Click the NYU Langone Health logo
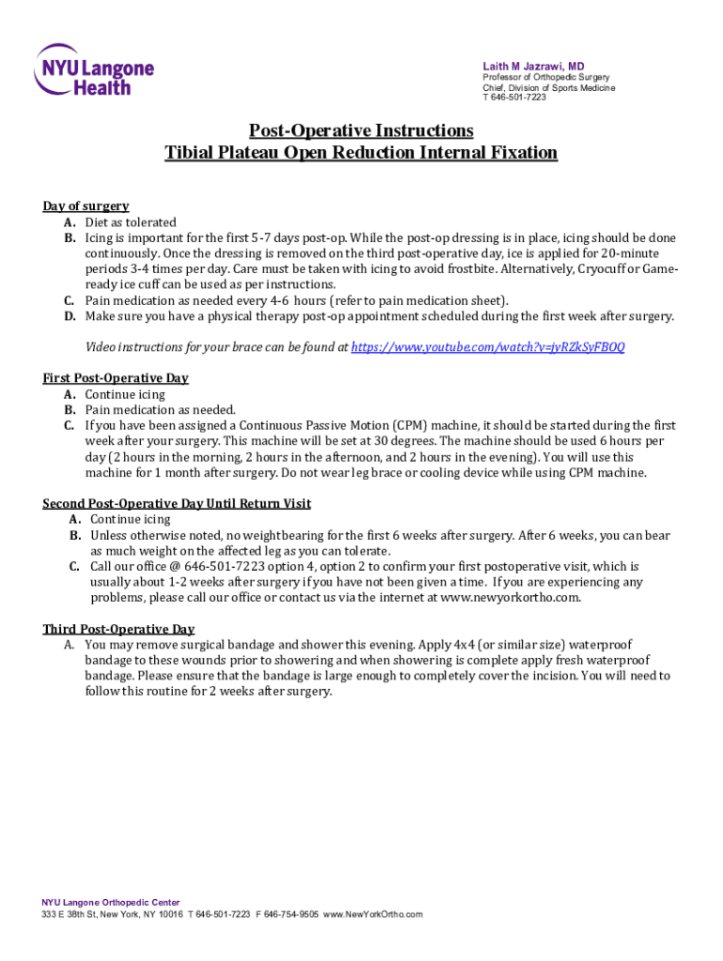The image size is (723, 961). tap(94, 69)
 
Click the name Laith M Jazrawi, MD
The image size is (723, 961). tap(533, 65)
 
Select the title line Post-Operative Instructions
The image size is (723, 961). tap(361, 130)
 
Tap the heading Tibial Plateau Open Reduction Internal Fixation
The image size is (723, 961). tap(361, 152)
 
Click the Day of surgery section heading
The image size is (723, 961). tap(85, 206)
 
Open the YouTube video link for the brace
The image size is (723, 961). tap(487, 347)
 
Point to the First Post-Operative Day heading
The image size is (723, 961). tap(115, 378)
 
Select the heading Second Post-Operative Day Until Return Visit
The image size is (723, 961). tap(177, 504)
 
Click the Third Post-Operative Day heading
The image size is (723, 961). tap(118, 629)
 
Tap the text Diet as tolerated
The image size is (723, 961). tap(131, 222)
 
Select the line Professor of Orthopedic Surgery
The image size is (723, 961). tap(546, 77)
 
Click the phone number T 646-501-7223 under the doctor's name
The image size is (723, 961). tap(514, 98)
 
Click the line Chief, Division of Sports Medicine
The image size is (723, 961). tap(548, 87)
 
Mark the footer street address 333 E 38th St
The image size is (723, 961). tap(69, 914)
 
